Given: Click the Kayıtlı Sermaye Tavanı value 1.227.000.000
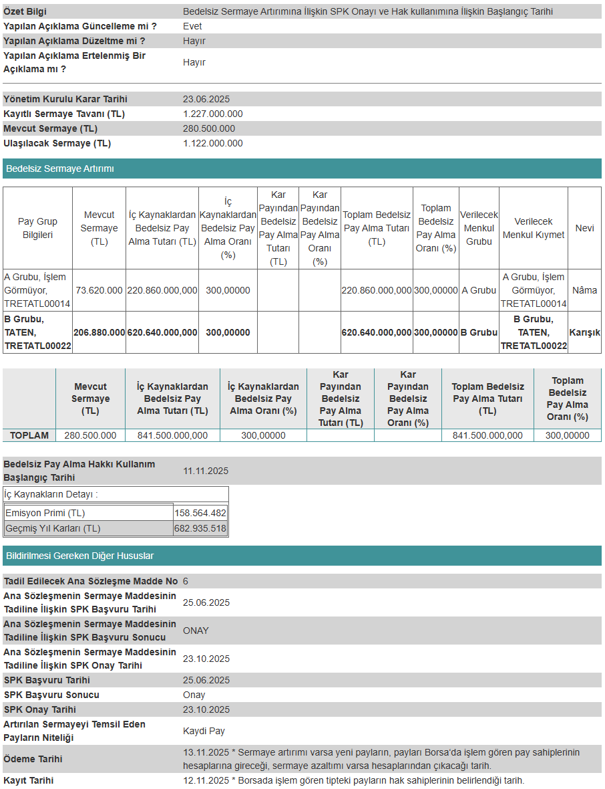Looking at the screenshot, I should coord(212,114).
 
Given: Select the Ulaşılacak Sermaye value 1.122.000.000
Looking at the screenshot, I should coord(212,143).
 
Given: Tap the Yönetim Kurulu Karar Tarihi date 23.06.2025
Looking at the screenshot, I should coord(206,99).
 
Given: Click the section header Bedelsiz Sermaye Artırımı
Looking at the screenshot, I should coord(60,168).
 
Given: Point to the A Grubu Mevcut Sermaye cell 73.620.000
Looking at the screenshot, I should coord(99,290).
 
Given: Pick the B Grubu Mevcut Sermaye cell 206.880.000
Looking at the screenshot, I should coord(99,332).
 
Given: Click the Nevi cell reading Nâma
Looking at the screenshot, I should coord(584,290).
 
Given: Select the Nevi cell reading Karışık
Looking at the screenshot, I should coord(584,332).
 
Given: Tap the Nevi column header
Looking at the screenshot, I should coord(584,228).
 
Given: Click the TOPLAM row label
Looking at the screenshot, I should coord(29,435).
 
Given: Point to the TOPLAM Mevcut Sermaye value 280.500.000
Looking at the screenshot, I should coord(90,435).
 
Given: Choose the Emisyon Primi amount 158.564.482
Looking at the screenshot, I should coord(200,513).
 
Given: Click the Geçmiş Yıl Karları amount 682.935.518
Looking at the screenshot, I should coord(200,528).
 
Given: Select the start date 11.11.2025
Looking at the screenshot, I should coord(206,471).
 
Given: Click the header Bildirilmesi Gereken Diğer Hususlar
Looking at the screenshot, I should coord(80,556).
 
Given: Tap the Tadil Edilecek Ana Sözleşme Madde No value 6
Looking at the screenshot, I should coord(186,581).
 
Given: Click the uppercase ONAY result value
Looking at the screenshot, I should coord(196,631).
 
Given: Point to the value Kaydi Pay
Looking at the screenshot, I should coord(204,731).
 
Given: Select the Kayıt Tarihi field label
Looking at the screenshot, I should coord(29,780).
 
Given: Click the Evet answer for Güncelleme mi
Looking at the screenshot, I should coord(192,26).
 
